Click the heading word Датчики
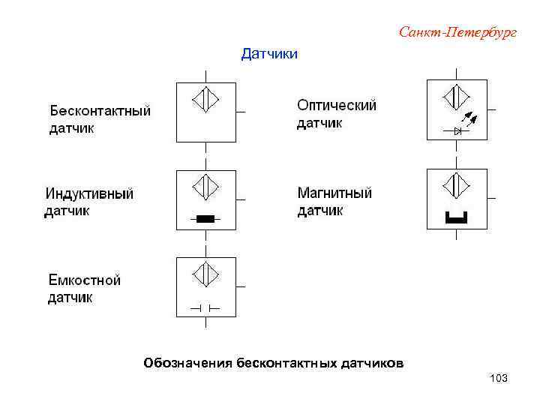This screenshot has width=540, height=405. [x=269, y=54]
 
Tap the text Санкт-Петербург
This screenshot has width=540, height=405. [x=457, y=32]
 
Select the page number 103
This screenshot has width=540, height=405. [x=498, y=378]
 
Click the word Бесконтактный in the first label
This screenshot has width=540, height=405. [x=100, y=111]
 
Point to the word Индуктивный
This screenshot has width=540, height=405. [x=89, y=193]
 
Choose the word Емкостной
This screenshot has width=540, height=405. [x=85, y=280]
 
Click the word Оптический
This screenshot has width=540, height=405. [x=337, y=106]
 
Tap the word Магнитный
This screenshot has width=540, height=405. [x=335, y=193]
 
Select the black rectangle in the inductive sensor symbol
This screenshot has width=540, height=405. [x=205, y=219]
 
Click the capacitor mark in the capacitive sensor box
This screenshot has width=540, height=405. [x=204, y=307]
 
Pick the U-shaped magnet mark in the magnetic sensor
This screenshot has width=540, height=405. [x=456, y=218]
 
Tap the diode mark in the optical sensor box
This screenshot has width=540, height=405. [x=457, y=130]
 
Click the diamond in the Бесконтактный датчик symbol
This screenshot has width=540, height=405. [x=205, y=100]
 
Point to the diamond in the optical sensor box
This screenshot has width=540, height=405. [x=456, y=97]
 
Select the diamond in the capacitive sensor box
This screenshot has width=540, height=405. [x=205, y=274]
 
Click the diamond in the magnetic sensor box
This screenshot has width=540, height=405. [x=456, y=184]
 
